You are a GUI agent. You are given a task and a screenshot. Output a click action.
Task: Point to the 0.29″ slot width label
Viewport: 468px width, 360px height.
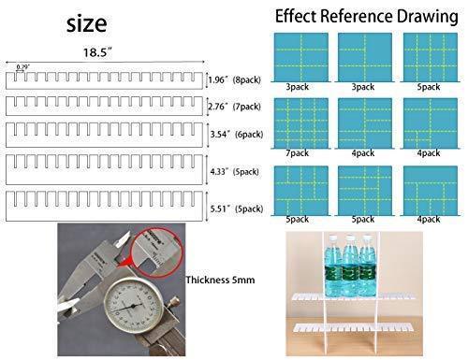22,66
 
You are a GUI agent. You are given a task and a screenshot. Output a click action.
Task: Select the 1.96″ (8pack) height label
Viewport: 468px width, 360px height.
235,80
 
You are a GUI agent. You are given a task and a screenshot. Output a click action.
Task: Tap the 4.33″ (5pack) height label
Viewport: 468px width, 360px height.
236,172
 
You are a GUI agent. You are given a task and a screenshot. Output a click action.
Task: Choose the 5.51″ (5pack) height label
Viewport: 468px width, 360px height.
236,207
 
